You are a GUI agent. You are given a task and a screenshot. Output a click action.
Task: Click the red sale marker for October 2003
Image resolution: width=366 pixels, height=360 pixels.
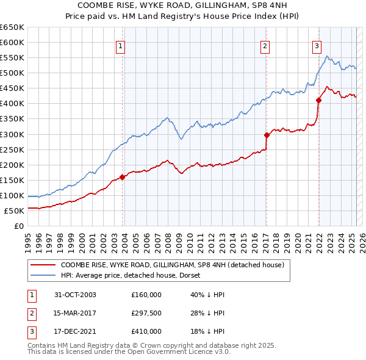123,177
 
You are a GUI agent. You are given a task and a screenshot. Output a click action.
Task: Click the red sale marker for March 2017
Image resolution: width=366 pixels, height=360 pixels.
267,135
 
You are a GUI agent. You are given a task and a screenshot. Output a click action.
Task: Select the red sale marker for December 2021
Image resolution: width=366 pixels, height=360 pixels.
318,100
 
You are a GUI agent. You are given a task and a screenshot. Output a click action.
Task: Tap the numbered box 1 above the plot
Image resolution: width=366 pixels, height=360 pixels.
121,46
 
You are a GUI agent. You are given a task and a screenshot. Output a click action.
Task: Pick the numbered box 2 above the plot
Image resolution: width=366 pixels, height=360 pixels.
265,46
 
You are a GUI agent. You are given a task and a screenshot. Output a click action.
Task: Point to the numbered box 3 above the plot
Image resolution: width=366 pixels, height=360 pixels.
317,46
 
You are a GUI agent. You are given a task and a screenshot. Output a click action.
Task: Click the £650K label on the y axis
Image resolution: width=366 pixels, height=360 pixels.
12,27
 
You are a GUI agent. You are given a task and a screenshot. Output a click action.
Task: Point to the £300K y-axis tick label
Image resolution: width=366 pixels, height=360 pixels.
12,134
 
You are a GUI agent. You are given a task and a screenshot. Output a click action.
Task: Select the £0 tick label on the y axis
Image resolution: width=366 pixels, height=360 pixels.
18,226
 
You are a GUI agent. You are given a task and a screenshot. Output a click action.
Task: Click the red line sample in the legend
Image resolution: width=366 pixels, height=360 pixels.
43,265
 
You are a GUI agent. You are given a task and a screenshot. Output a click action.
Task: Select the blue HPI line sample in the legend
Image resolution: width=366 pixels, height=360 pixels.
43,275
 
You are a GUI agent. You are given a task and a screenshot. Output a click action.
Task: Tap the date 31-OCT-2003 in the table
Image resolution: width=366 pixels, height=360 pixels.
75,295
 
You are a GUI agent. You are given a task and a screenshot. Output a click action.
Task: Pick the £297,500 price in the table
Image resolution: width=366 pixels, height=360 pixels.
146,313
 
